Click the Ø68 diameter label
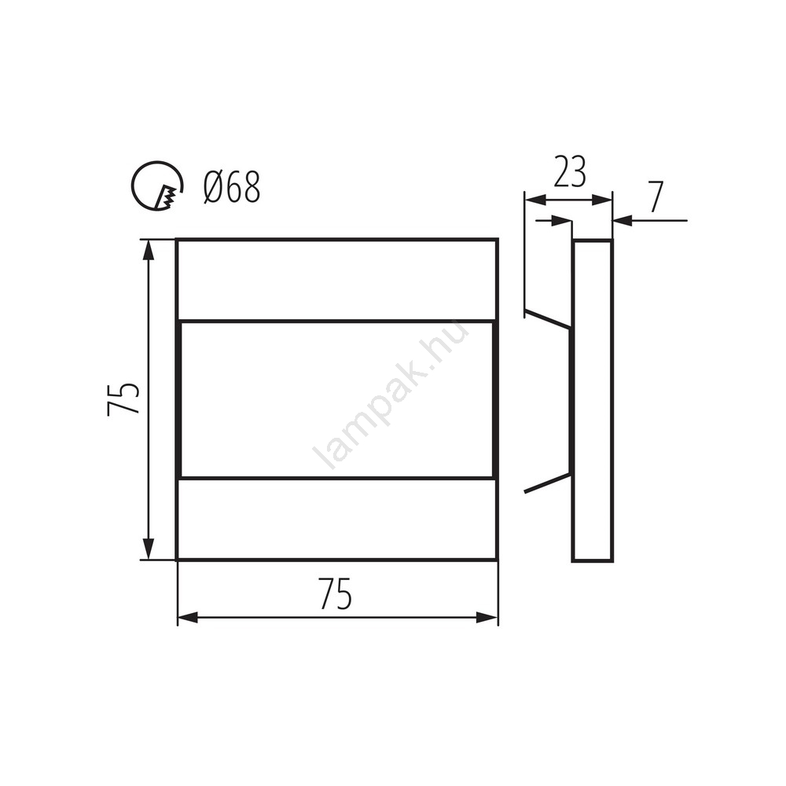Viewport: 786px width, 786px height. coord(232,187)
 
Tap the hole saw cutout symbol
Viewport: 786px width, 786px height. coord(157,186)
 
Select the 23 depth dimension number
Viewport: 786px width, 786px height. coord(569,172)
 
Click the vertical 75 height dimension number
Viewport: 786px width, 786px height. coord(123,399)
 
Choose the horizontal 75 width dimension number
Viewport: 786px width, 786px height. coord(336,593)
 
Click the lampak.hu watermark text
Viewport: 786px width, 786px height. coord(391,396)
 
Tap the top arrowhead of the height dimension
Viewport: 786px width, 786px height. coord(148,250)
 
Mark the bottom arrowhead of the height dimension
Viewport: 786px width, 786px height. coord(148,549)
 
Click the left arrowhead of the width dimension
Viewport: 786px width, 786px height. coord(188,618)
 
